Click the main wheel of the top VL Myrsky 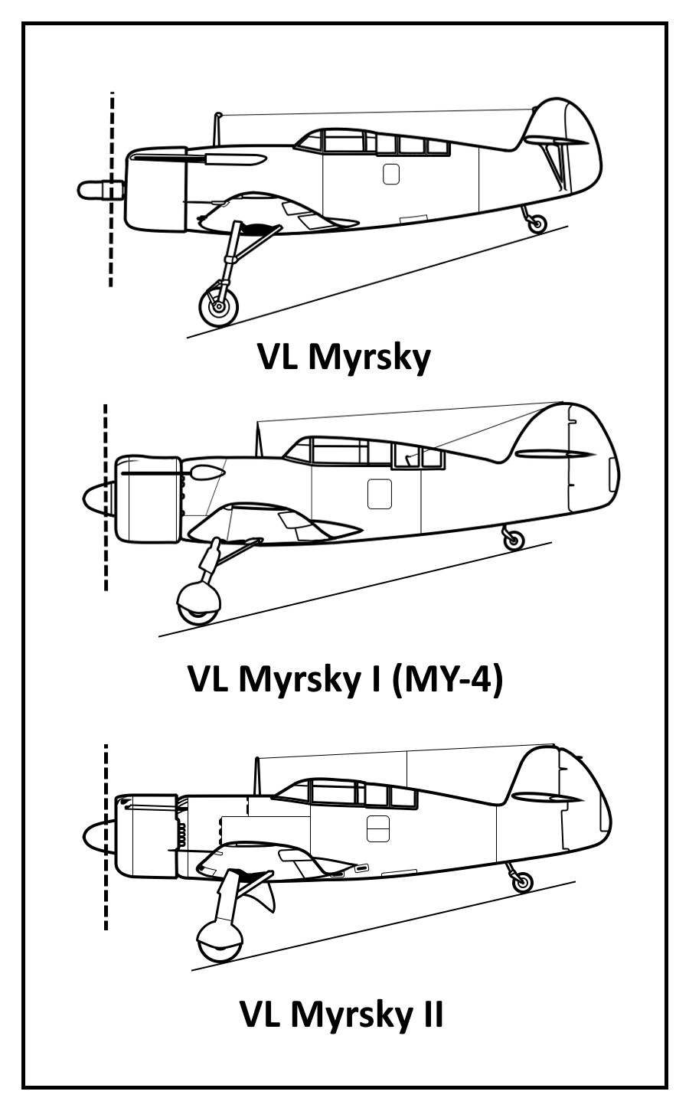219,307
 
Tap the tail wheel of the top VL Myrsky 538,224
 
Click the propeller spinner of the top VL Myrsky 96,189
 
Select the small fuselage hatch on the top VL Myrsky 390,174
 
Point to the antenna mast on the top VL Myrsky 217,129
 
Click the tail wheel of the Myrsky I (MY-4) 514,540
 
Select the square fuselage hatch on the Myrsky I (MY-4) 380,494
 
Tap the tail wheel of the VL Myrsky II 522,881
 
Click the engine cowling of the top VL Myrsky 155,188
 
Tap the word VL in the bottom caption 261,1015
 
